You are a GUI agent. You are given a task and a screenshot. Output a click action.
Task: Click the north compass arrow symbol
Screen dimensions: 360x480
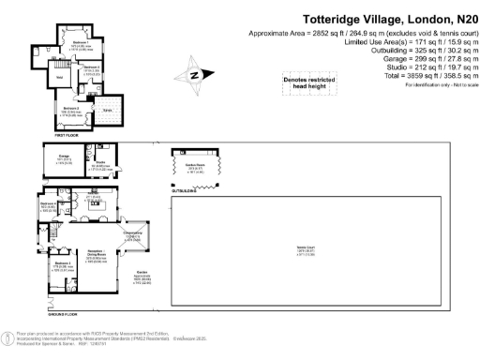point(195,75)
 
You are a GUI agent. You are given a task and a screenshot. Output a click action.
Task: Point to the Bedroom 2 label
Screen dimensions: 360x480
point(71,110)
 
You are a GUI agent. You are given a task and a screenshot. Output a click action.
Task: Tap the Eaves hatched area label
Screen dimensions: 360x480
point(108,111)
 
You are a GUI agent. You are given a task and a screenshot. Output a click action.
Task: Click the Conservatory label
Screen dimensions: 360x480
point(132,234)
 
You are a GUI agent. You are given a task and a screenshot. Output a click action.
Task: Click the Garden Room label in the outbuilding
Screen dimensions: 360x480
point(195,165)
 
